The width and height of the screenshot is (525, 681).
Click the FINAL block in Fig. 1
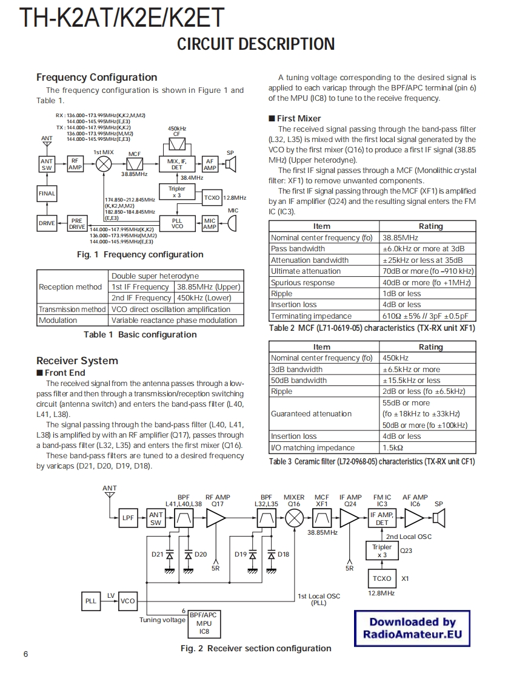tap(47, 194)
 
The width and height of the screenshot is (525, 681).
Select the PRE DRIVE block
tap(76, 223)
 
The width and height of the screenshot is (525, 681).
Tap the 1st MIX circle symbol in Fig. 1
tap(104, 164)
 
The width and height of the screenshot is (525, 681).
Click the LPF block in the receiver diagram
tap(128, 518)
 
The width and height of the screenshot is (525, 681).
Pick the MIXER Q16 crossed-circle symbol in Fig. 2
tap(295, 518)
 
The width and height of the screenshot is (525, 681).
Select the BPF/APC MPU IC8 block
tap(204, 623)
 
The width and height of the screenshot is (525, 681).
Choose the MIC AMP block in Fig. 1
tap(210, 224)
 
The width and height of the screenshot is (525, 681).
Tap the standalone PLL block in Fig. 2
tap(90, 601)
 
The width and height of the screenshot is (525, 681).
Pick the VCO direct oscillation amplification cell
tap(171, 309)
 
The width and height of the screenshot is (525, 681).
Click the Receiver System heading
tap(77, 361)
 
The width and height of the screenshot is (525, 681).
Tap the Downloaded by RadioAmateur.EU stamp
tap(412, 628)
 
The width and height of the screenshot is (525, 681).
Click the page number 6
tap(25, 654)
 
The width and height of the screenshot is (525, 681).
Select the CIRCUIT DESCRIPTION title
tap(255, 44)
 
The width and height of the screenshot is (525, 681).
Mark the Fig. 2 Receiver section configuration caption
tap(256, 648)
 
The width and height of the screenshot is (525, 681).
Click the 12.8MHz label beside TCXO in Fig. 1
tap(235, 198)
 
